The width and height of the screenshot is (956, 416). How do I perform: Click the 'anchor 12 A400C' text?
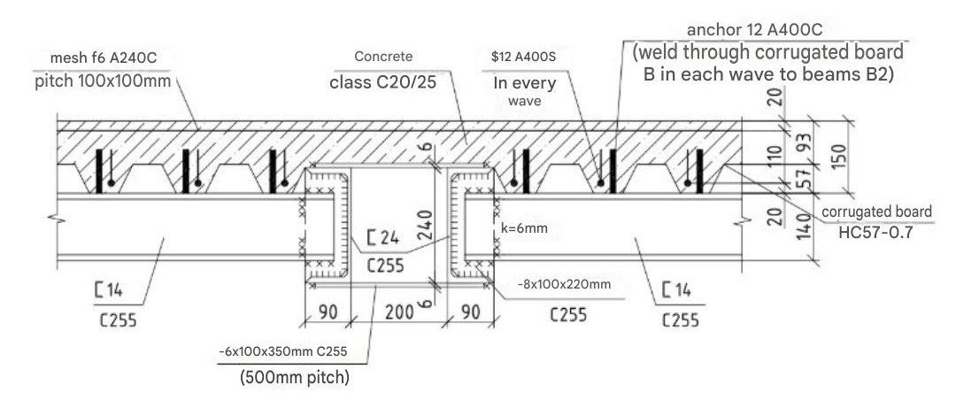pyautogui.click(x=762, y=29)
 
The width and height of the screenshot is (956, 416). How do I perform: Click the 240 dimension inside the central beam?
pyautogui.click(x=426, y=223)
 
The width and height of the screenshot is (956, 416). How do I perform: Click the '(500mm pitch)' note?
pyautogui.click(x=293, y=381)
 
